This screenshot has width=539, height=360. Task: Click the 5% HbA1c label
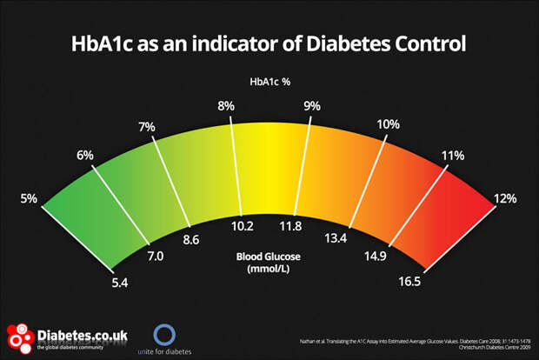pyautogui.click(x=28, y=199)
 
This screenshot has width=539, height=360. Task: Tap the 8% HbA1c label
pyautogui.click(x=226, y=106)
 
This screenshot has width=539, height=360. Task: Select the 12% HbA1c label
pyautogui.click(x=505, y=199)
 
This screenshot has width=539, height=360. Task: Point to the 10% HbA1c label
pyautogui.click(x=388, y=123)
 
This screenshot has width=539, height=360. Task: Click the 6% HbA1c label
pyautogui.click(x=85, y=156)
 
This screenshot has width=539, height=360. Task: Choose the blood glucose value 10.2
pyautogui.click(x=242, y=227)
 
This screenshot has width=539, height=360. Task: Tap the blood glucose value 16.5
pyautogui.click(x=409, y=281)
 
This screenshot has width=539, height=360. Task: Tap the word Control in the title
pyautogui.click(x=427, y=43)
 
